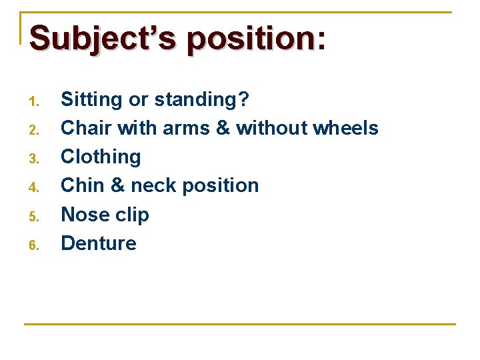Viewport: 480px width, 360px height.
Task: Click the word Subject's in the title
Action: (103, 39)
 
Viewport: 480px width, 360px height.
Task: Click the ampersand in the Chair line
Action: (223, 128)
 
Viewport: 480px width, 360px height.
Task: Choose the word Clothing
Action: (101, 157)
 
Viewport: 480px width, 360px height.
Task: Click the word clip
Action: (131, 215)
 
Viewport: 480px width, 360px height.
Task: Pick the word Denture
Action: (99, 243)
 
